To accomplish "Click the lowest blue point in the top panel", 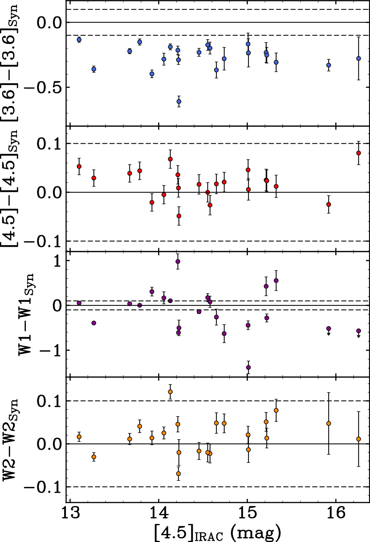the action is [x=179, y=102].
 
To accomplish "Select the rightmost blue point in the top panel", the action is [x=359, y=58].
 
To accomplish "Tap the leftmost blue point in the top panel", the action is [x=79, y=40].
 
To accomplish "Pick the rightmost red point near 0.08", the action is [x=359, y=153].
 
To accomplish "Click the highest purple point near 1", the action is [x=178, y=262].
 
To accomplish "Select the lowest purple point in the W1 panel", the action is [x=248, y=367].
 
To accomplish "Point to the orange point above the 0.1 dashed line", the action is [x=170, y=392].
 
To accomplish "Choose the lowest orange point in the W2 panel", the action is [x=178, y=474].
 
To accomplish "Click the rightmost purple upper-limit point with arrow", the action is [x=359, y=331].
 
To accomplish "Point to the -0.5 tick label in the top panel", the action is [x=43, y=87].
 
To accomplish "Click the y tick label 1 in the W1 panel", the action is [x=57, y=261].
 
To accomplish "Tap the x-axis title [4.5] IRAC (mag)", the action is [x=218, y=533].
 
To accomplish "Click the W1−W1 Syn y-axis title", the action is [x=26, y=314].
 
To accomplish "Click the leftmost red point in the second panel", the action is [x=79, y=166].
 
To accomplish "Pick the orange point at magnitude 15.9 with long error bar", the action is [x=329, y=423].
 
